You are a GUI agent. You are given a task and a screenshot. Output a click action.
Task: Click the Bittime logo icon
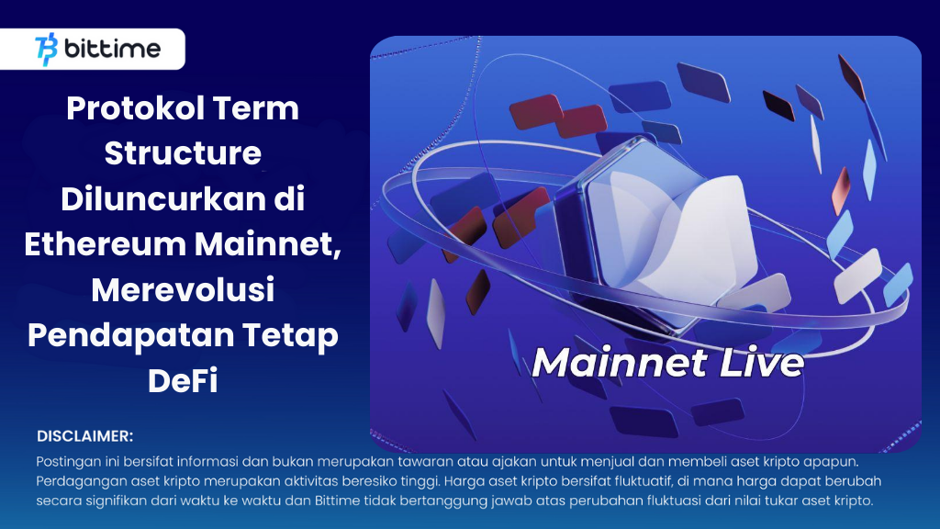coord(46,49)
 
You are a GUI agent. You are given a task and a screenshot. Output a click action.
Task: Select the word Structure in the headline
coord(183,152)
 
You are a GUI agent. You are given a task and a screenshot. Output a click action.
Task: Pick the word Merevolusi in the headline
coord(183,288)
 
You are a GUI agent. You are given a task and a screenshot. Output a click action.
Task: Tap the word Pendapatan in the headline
coord(129,334)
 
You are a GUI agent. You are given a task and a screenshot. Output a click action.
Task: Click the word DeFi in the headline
coord(183,379)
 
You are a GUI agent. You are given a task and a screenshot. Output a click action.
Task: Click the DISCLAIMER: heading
coord(85,435)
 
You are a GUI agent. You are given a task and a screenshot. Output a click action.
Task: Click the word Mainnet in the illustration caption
coord(618,362)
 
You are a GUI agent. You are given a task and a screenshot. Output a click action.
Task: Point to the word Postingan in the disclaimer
coord(68,461)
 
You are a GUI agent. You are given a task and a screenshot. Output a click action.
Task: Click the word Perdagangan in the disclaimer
coord(79,481)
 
